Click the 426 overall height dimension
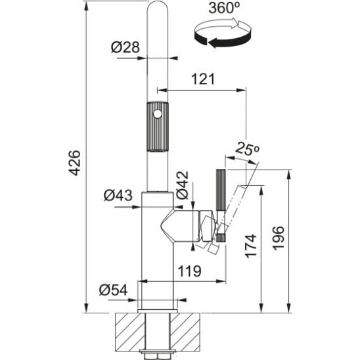[75, 163]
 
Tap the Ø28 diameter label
[125, 47]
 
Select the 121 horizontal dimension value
[203, 79]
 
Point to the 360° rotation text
[224, 8]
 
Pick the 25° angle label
[247, 148]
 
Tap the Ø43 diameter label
[118, 195]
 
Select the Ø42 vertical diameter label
[182, 185]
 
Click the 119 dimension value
[190, 271]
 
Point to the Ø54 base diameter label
[114, 290]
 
